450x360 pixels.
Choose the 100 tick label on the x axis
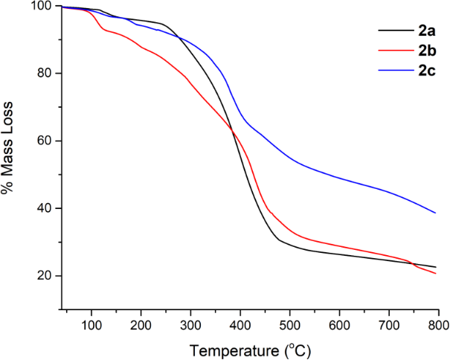tap(91, 325)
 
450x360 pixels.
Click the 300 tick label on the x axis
tap(190, 325)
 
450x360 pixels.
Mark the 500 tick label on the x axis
tap(290, 325)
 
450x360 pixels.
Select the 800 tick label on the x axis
tap(438, 325)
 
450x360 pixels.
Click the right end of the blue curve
tap(436, 213)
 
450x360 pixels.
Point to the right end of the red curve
tap(436, 274)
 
